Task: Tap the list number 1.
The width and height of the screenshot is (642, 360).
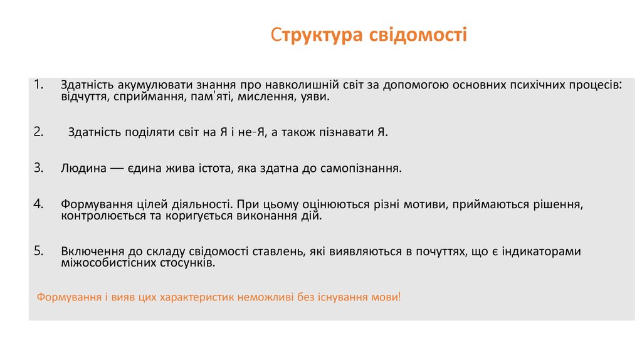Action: click(x=39, y=84)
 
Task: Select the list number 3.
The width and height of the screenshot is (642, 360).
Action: click(x=39, y=168)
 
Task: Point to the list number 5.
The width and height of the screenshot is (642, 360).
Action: click(x=39, y=251)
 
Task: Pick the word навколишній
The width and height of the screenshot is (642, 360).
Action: click(x=293, y=85)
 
